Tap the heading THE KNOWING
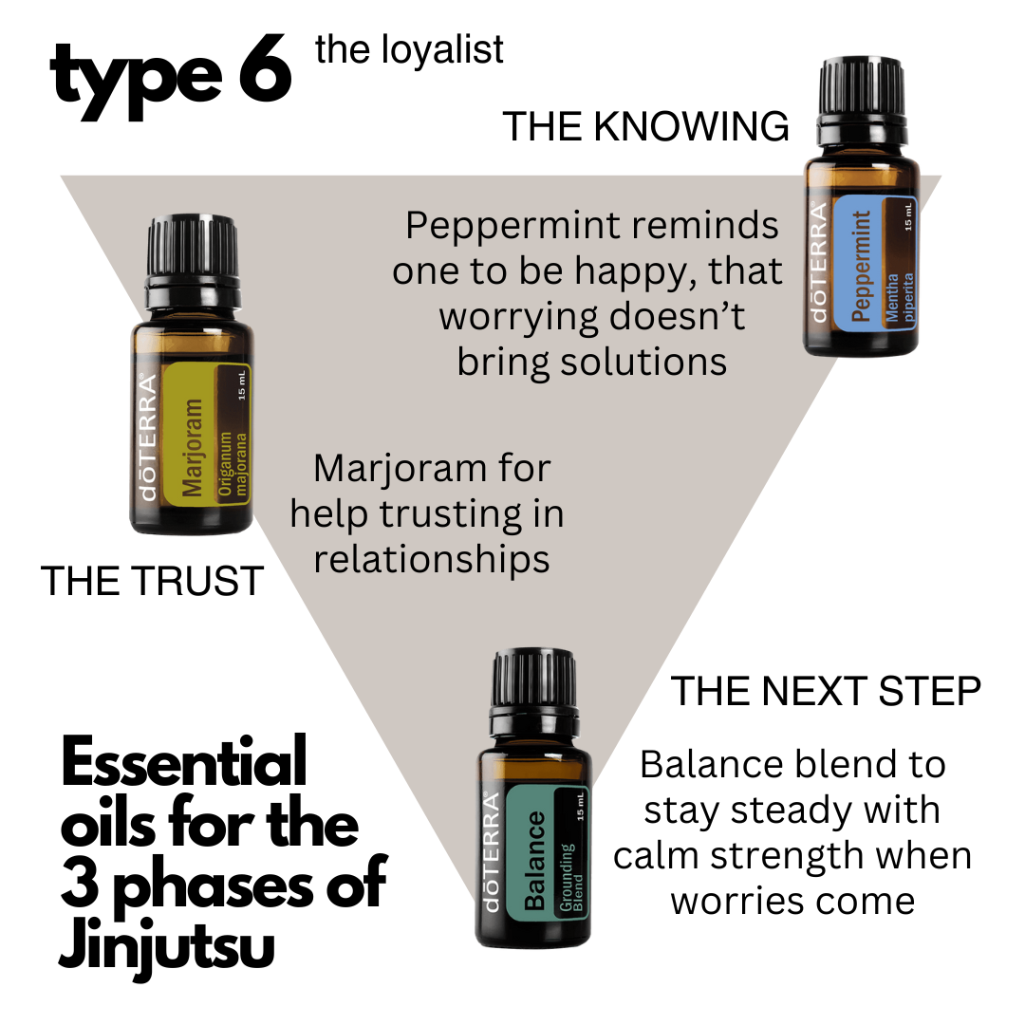click(x=645, y=126)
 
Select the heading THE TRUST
click(x=152, y=581)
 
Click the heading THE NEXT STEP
click(x=825, y=691)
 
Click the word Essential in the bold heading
click(x=184, y=761)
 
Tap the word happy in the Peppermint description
click(x=625, y=270)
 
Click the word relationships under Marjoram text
click(x=432, y=559)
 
